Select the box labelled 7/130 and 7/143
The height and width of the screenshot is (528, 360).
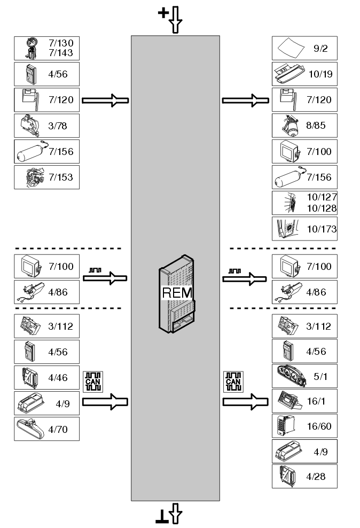[x=46, y=49]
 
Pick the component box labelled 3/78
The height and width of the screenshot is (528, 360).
[x=46, y=126]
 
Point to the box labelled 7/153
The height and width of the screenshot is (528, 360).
[x=46, y=177]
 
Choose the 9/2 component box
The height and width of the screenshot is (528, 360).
[x=304, y=49]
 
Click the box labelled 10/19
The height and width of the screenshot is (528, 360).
[x=304, y=74]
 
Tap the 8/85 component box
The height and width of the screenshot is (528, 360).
[x=304, y=126]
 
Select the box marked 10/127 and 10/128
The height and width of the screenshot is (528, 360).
[x=304, y=203]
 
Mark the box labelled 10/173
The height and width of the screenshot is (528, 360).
[x=304, y=229]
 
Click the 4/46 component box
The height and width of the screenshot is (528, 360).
[x=46, y=378]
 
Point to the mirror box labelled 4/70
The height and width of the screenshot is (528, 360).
[x=46, y=429]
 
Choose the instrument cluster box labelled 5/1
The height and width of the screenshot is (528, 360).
[x=304, y=376]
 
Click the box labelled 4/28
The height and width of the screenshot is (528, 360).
[x=304, y=476]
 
